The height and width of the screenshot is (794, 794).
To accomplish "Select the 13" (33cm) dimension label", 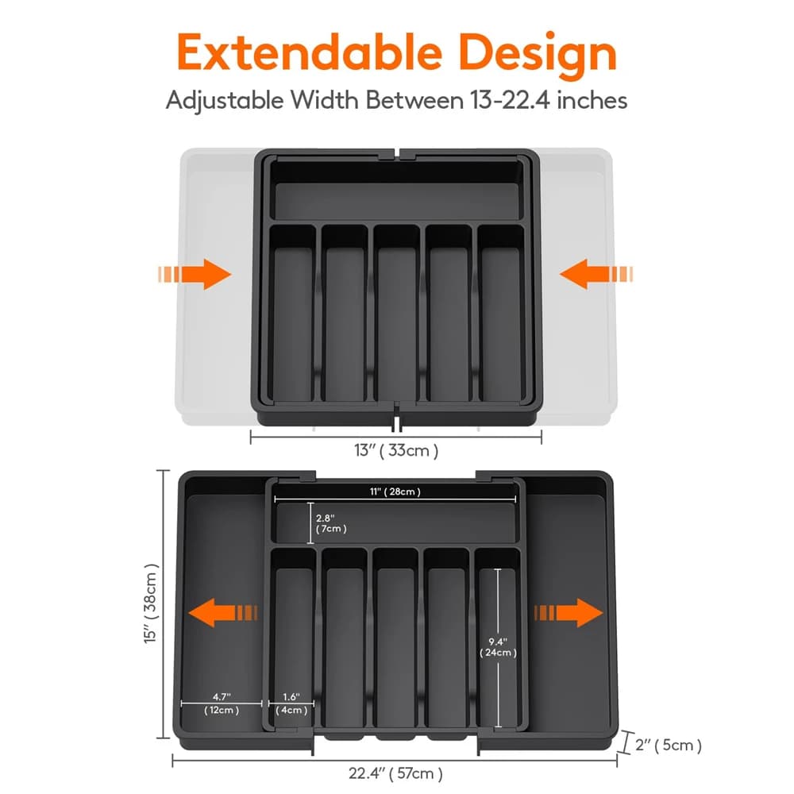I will [396, 451].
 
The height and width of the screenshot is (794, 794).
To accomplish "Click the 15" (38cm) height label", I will [151, 605].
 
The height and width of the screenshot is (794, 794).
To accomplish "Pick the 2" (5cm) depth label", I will [669, 745].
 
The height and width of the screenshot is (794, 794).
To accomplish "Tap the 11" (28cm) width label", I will [394, 492].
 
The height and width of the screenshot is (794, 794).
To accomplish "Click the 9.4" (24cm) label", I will [499, 647].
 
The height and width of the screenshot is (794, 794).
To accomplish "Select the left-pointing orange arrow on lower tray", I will [226, 613].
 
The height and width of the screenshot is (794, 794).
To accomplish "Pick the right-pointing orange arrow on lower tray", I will [569, 613].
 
